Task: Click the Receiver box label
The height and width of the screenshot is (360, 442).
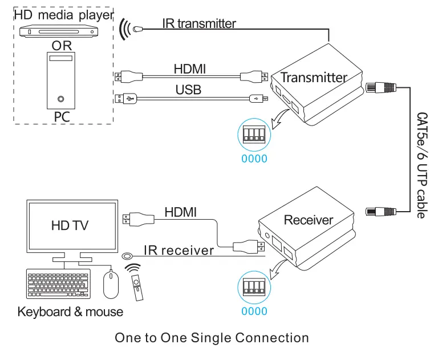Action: pyautogui.click(x=308, y=220)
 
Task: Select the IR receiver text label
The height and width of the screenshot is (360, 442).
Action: pyautogui.click(x=179, y=250)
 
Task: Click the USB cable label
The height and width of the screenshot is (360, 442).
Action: pyautogui.click(x=188, y=90)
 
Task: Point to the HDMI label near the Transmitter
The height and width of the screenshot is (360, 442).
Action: pyautogui.click(x=189, y=69)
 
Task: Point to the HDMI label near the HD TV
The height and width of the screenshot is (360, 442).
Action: pyautogui.click(x=180, y=212)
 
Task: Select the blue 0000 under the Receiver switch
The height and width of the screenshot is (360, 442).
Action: pyautogui.click(x=254, y=312)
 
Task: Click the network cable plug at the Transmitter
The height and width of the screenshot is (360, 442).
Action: pyautogui.click(x=380, y=87)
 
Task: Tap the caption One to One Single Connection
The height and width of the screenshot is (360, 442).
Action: pyautogui.click(x=212, y=338)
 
